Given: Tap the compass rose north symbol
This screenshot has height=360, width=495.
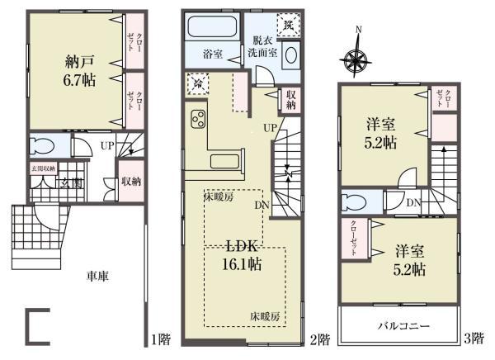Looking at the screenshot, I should pyautogui.click(x=357, y=59).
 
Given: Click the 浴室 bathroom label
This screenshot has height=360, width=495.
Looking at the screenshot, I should pyautogui.click(x=213, y=54).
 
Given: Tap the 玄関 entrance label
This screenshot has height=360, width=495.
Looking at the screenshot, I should pyautogui.click(x=68, y=183).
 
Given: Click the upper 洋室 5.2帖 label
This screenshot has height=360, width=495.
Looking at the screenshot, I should pyautogui.click(x=381, y=132).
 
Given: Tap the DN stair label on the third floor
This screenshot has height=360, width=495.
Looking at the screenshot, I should pyautogui.click(x=413, y=201).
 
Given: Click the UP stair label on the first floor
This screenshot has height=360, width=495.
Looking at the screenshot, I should pyautogui.click(x=106, y=145).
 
